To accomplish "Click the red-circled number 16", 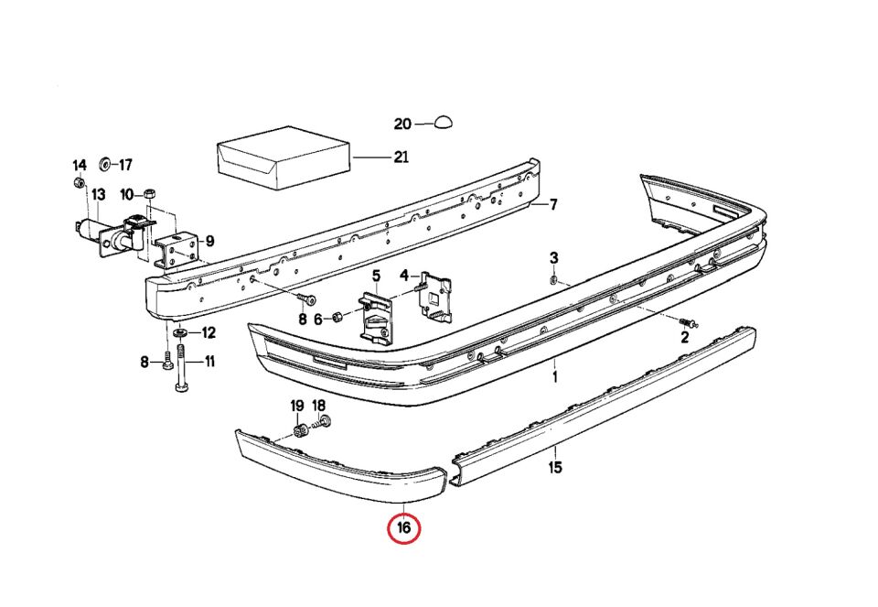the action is point(403,527).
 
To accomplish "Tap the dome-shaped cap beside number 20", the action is point(444,123).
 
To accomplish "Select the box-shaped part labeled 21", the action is point(284,159).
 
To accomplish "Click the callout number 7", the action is point(553,204).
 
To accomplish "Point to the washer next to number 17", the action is point(104,164).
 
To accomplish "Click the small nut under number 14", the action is point(80,182).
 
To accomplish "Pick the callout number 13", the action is point(99,195).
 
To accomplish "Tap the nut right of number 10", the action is point(149,194).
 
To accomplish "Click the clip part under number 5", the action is point(376,319).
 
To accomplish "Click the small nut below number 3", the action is point(553,279).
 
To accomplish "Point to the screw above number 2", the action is point(688,322).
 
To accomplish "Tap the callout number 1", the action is point(555,376).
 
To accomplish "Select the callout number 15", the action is point(555,467).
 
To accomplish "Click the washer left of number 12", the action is point(180,333).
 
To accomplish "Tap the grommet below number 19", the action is point(300,431).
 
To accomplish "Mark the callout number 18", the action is point(318,406).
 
